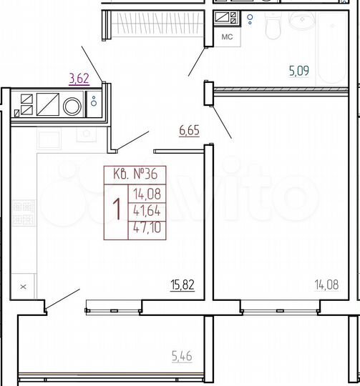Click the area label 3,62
pos(79,78)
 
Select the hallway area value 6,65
pos(189,130)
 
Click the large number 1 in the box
pos(116,210)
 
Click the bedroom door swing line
pos(223,122)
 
